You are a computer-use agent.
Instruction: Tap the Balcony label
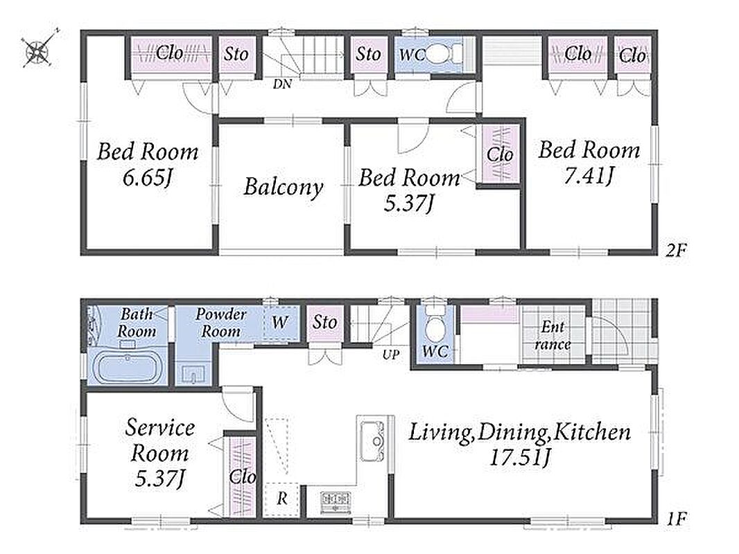(284, 187)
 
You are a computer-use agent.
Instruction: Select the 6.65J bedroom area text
(146, 178)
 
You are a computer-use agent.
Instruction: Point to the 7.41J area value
(589, 176)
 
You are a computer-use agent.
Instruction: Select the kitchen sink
(373, 441)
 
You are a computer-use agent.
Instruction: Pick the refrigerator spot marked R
(282, 499)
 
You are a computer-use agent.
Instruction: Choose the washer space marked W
(280, 322)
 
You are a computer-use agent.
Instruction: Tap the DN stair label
(282, 84)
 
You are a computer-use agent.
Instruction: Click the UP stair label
(391, 355)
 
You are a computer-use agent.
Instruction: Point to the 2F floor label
(676, 250)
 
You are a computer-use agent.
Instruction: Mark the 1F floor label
(676, 519)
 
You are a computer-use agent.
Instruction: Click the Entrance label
(553, 335)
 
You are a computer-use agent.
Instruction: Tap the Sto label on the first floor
(325, 323)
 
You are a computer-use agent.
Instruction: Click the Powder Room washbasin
(192, 375)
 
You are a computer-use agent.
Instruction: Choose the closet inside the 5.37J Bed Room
(500, 154)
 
